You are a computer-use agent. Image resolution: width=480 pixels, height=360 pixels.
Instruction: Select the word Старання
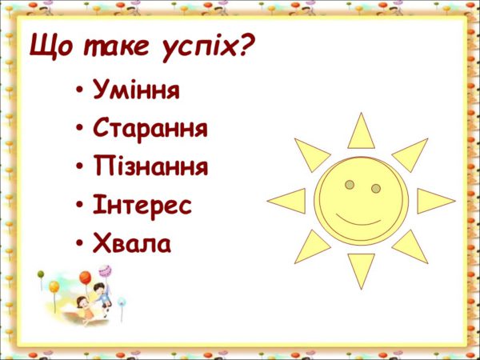(x=150, y=129)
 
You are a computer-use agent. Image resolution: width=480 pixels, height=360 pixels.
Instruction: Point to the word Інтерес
(x=142, y=205)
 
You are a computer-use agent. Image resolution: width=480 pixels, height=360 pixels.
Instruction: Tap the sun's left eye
(x=350, y=185)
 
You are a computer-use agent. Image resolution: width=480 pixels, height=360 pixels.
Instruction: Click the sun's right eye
(x=376, y=188)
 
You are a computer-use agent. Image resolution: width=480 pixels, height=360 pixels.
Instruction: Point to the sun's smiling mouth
(x=358, y=222)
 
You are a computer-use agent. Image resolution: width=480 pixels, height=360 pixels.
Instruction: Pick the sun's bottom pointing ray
(x=362, y=267)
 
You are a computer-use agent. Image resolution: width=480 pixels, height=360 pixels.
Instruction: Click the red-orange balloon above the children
(x=86, y=278)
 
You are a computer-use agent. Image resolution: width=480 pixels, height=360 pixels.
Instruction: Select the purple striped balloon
(x=105, y=271)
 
